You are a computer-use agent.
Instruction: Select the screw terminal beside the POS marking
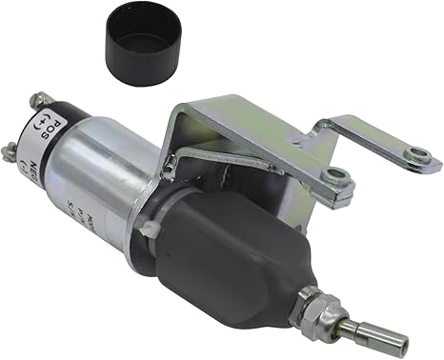(x=39, y=100)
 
